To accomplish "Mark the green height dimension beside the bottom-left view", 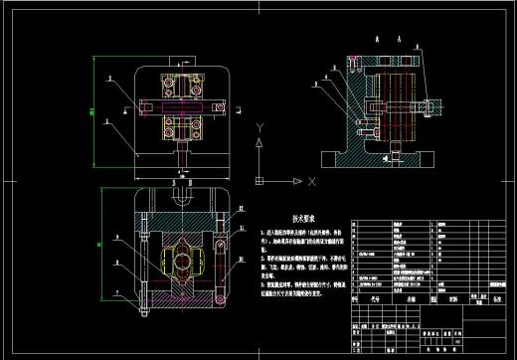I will (102, 249).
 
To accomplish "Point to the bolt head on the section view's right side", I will (431, 106).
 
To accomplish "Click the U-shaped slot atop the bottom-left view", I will (181, 199).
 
